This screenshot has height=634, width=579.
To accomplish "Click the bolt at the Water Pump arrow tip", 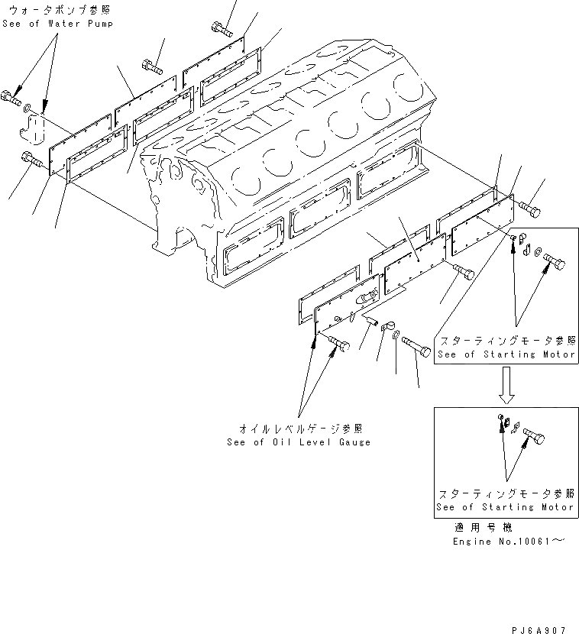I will point(11,97).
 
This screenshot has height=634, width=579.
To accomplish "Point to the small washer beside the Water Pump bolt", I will point(27,108).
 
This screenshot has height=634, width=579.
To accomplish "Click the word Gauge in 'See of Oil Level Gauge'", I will point(354,442).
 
